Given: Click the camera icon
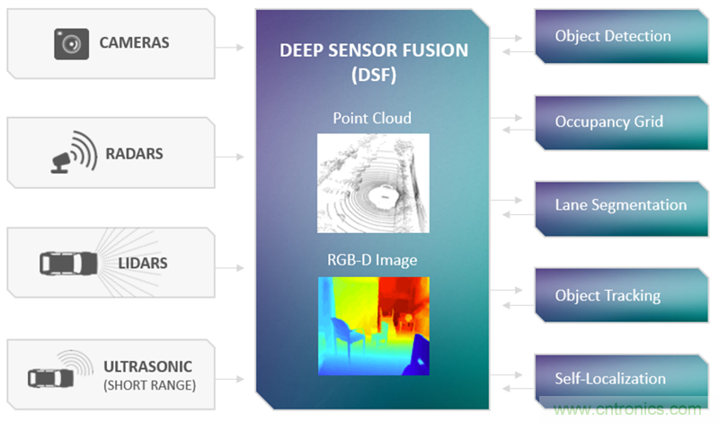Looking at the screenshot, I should (72, 42).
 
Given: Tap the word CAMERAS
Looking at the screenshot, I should (134, 42).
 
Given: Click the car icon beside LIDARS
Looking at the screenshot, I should (68, 264).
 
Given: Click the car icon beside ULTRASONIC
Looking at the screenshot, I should (50, 375).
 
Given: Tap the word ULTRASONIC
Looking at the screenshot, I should (147, 367).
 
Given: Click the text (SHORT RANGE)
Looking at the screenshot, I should (147, 385).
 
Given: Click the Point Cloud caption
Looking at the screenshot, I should (372, 118).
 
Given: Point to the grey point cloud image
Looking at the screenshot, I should (372, 184).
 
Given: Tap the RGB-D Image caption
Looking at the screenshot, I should (372, 261).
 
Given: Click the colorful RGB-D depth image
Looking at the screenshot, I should (372, 325).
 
